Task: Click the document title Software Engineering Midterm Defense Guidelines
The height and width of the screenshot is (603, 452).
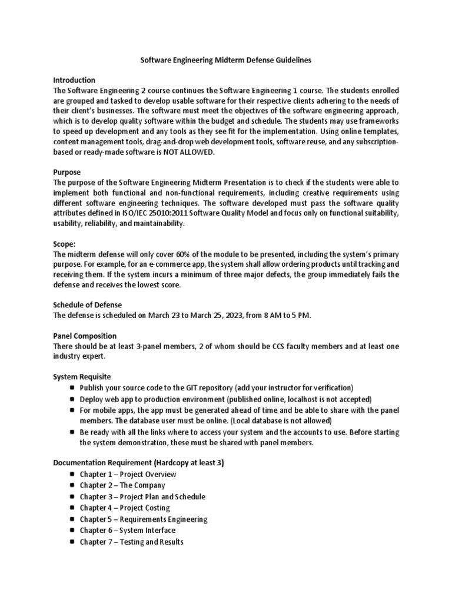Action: [x=225, y=60]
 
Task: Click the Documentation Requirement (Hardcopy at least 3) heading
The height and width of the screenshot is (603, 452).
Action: [x=138, y=463]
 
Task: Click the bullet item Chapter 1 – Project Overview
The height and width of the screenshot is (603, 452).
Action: [x=128, y=474]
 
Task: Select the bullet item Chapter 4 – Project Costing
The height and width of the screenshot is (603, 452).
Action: [x=125, y=508]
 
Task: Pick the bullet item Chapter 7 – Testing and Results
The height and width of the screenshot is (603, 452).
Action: [x=131, y=541]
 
